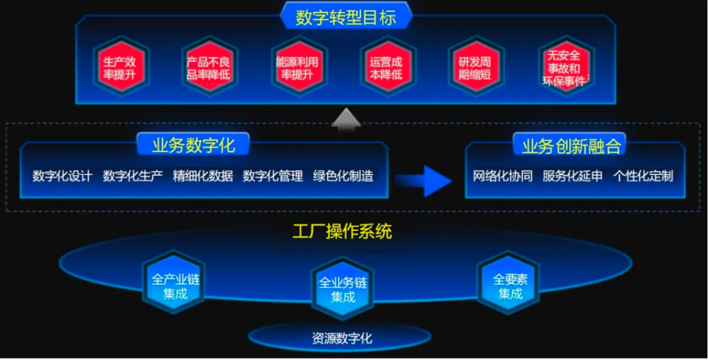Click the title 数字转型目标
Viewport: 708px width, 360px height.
[x=346, y=17]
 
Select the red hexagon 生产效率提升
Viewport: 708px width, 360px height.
[x=121, y=67]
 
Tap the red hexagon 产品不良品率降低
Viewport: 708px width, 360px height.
[x=209, y=67]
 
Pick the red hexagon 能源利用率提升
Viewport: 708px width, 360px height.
[x=298, y=67]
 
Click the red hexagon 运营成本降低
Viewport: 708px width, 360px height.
[x=387, y=67]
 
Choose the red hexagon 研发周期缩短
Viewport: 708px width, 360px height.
[x=476, y=67]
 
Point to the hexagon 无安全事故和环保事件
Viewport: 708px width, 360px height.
[x=565, y=67]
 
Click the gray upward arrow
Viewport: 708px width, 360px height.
[x=346, y=119]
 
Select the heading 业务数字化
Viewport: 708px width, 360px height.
[x=193, y=146]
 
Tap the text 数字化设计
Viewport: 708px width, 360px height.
[x=62, y=176]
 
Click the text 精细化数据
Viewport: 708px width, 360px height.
[x=203, y=176]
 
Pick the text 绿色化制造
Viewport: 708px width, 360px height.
[x=343, y=176]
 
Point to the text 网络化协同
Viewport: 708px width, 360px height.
[x=502, y=176]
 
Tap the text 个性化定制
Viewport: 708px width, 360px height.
[x=643, y=176]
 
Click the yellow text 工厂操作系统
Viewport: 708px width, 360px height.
[x=342, y=232]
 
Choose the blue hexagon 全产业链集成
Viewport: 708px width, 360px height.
[x=175, y=283]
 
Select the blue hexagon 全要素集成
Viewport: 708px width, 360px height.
[x=510, y=283]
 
